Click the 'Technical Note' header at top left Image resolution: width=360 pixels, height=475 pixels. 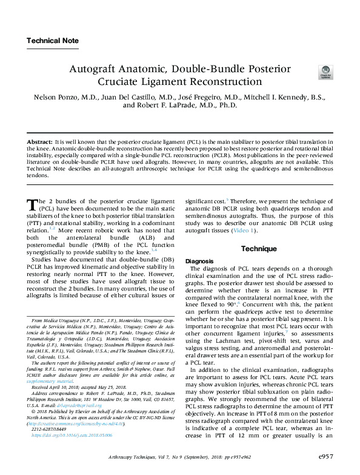coord(52,41)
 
